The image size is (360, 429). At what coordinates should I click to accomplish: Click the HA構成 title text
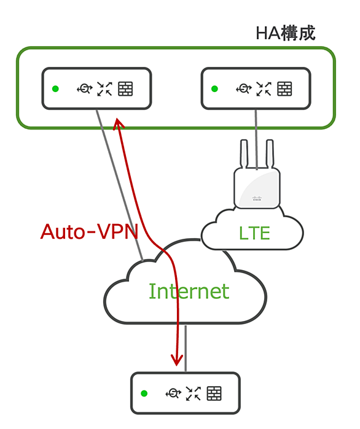(286, 33)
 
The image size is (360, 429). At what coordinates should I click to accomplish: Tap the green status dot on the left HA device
(55, 89)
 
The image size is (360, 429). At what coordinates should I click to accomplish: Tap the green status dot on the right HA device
(214, 89)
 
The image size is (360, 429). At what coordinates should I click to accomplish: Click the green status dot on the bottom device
(144, 393)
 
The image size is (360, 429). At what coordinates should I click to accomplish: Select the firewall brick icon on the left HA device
(125, 89)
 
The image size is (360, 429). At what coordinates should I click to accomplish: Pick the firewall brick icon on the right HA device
(284, 89)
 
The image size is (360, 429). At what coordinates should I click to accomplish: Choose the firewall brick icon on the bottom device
(214, 393)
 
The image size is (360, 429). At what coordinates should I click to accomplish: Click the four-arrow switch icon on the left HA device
(104, 89)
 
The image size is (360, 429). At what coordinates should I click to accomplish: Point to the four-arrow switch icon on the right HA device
(264, 89)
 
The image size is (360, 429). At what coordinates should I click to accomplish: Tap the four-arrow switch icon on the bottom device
(194, 393)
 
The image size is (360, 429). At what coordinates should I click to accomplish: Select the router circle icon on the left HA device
(85, 88)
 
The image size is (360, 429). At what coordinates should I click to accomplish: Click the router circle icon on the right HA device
(244, 88)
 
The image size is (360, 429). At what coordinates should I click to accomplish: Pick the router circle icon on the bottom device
(173, 393)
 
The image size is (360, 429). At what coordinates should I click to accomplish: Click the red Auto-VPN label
(89, 232)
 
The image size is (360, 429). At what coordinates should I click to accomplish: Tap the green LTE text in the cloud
(254, 233)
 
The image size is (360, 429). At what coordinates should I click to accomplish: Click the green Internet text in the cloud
(189, 291)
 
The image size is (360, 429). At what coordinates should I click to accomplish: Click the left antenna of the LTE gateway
(244, 154)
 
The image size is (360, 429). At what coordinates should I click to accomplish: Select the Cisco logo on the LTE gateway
(257, 199)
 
